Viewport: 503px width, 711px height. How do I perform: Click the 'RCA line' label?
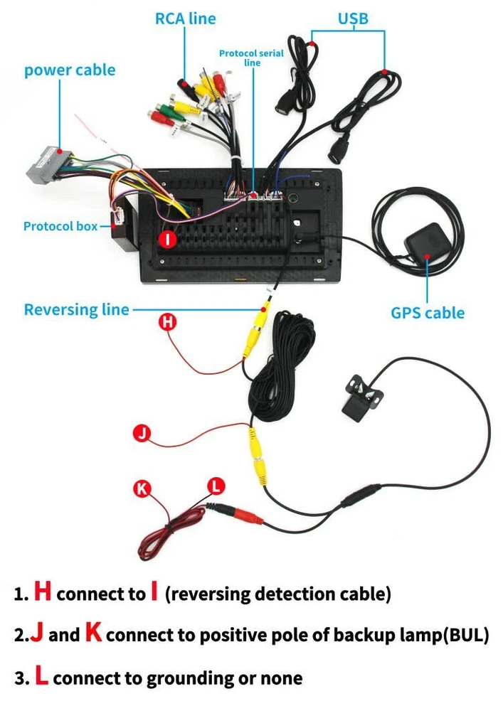click(185, 19)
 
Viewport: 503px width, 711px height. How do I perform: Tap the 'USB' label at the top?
click(354, 18)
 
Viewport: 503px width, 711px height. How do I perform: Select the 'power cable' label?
click(70, 70)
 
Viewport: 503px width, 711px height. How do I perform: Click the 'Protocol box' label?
click(60, 226)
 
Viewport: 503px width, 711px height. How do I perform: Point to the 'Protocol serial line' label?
click(251, 58)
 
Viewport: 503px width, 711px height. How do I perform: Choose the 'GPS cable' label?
click(427, 313)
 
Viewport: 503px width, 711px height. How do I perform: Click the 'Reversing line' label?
click(77, 310)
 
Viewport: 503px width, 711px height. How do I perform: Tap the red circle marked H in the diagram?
click(168, 322)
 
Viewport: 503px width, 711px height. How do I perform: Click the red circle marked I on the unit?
click(168, 240)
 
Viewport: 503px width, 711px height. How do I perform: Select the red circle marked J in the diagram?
click(143, 434)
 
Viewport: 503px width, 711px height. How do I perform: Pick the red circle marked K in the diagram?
click(143, 488)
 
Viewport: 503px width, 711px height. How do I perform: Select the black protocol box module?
click(122, 231)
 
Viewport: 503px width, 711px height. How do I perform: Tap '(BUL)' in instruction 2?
click(466, 635)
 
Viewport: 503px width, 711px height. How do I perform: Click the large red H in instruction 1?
click(43, 592)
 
